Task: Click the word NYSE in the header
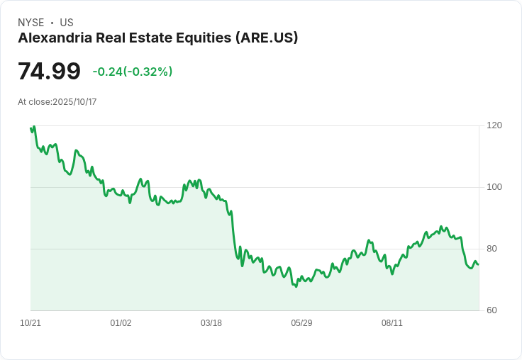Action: click(30, 23)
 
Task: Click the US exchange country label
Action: click(67, 23)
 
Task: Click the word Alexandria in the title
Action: click(54, 38)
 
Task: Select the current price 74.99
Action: click(49, 72)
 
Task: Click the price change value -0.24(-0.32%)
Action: click(133, 72)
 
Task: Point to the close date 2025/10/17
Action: click(74, 102)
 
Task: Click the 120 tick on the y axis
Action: click(494, 125)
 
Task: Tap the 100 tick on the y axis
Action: click(494, 187)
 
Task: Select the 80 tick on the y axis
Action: click(492, 249)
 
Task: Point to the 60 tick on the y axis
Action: click(492, 310)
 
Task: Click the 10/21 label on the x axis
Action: click(30, 323)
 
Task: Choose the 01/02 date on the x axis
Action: click(121, 323)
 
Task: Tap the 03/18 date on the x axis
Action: click(211, 323)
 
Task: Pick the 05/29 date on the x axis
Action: click(301, 323)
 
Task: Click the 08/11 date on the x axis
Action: click(392, 323)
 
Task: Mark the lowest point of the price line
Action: click(296, 286)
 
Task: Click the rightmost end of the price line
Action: click(479, 264)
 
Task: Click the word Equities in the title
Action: click(204, 38)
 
